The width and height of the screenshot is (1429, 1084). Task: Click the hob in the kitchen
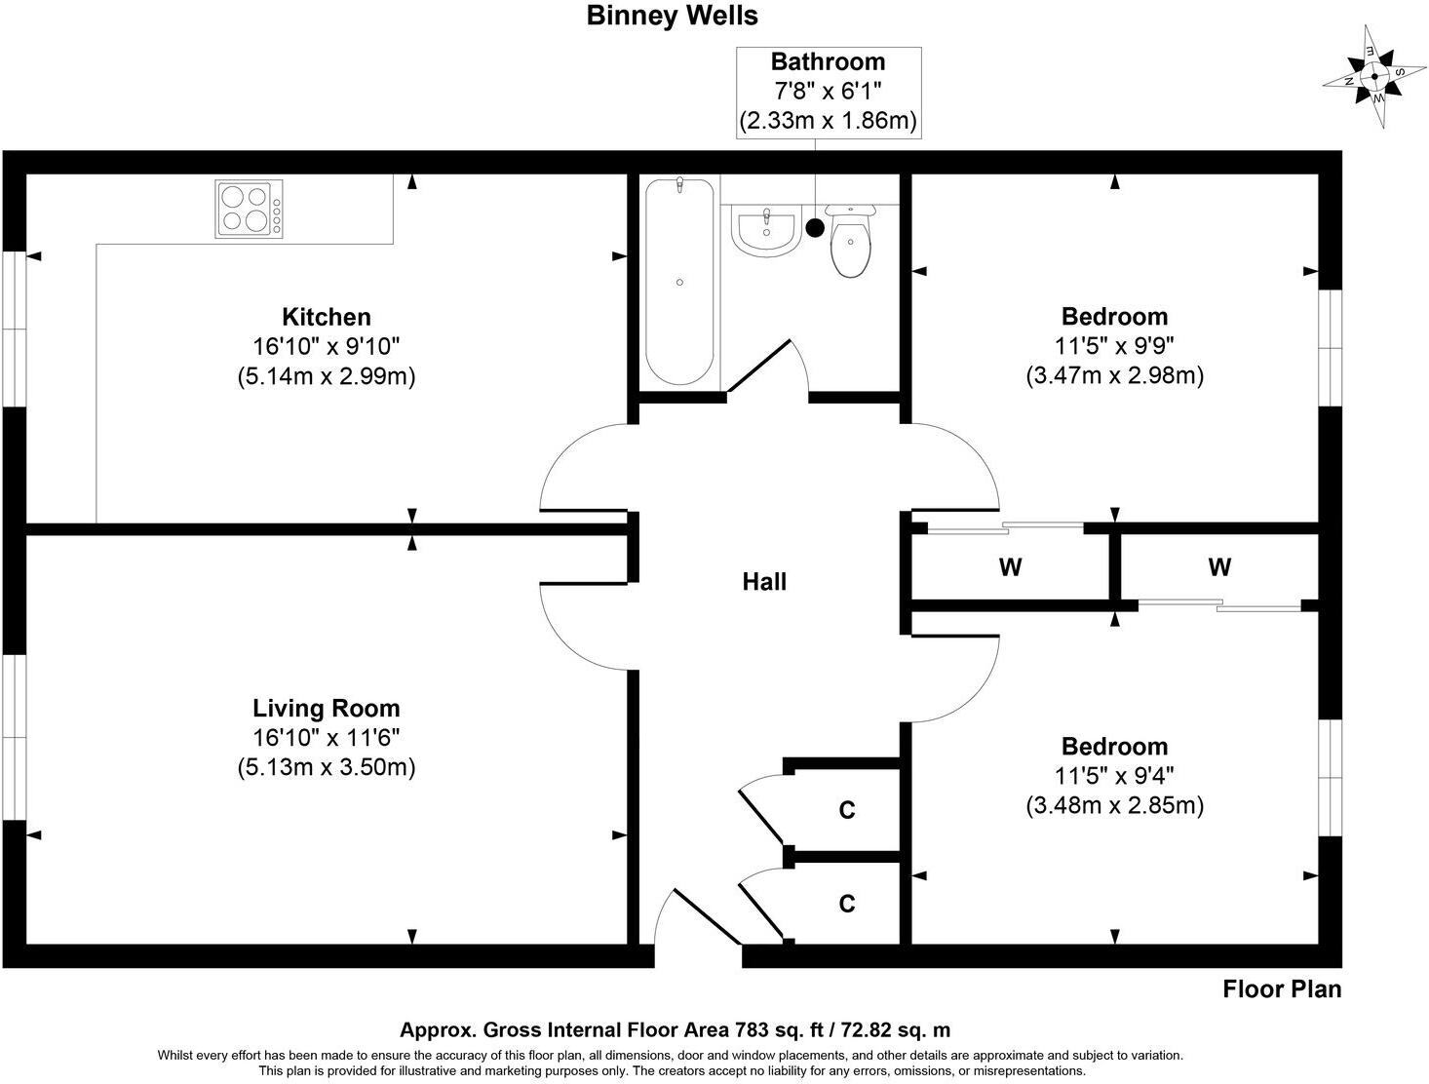click(x=250, y=210)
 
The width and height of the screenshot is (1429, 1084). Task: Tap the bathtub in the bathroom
click(x=679, y=281)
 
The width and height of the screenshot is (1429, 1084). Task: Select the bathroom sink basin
click(x=765, y=232)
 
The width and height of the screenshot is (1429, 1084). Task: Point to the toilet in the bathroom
click(x=851, y=244)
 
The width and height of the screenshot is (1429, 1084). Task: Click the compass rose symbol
click(x=1374, y=78)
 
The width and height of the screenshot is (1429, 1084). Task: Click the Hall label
click(x=764, y=582)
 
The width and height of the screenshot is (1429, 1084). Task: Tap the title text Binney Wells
click(x=672, y=16)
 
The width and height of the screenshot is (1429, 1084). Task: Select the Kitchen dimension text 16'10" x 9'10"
click(x=327, y=346)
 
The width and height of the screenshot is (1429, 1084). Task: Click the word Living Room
click(x=327, y=708)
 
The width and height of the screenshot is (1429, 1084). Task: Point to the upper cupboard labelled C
click(x=847, y=810)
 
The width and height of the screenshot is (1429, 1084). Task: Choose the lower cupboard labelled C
click(x=847, y=904)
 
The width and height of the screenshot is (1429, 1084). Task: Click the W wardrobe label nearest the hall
click(x=1010, y=566)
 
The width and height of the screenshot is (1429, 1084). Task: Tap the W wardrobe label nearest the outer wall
click(x=1218, y=566)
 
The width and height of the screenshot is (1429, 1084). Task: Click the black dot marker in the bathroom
click(x=815, y=228)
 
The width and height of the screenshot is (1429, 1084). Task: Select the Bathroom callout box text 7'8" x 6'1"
click(x=828, y=92)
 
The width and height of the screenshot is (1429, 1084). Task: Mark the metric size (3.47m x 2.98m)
click(x=1114, y=375)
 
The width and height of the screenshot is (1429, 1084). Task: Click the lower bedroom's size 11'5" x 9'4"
click(x=1114, y=776)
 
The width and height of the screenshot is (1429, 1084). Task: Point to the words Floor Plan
click(x=1282, y=989)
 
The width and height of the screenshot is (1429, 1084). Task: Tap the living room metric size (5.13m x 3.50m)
click(x=327, y=767)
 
